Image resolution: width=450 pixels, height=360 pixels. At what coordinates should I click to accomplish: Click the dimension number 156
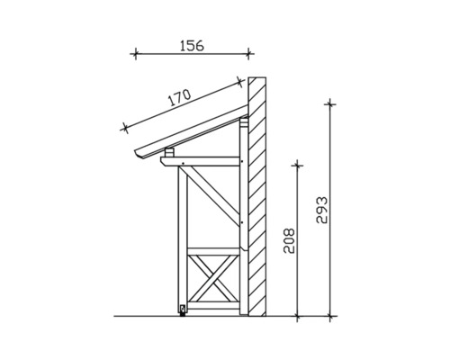[190, 43]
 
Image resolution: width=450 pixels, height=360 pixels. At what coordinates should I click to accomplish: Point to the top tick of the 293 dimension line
[332, 103]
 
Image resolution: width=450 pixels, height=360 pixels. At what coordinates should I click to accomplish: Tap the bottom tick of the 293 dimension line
[332, 316]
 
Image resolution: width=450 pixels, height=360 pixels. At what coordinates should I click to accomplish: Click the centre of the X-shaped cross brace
[213, 282]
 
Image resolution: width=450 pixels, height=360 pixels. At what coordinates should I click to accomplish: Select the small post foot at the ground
[183, 311]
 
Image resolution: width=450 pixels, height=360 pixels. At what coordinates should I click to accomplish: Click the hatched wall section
[256, 198]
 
